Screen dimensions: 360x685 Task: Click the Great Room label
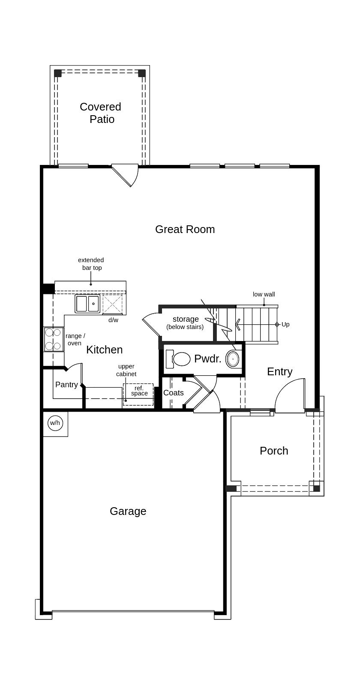(185, 229)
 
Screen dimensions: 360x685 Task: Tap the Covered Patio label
(101, 113)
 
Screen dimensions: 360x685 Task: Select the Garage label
(128, 512)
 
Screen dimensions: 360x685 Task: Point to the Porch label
(274, 451)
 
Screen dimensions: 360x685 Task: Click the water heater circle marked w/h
(55, 423)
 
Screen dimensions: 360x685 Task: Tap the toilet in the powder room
(178, 359)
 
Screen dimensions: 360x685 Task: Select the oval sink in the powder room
(232, 359)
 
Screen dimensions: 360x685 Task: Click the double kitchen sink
(87, 304)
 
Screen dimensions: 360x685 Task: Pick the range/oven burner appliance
(53, 339)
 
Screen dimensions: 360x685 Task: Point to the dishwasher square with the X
(113, 304)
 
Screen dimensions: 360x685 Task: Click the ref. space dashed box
(138, 395)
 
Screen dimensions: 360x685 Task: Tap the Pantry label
(66, 385)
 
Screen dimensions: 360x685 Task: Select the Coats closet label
(174, 393)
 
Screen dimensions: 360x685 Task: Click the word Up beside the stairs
(285, 324)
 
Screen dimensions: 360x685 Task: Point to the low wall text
(264, 294)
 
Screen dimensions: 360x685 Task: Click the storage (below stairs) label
(185, 323)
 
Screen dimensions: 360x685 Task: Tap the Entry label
(279, 372)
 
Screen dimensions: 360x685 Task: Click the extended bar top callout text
(91, 264)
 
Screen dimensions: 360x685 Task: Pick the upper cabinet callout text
(126, 370)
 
